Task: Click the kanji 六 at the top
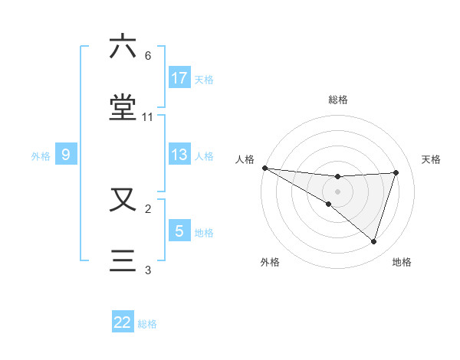coord(123,47)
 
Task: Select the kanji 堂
coord(123,106)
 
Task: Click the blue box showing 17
coord(179,78)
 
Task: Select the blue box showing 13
coord(179,155)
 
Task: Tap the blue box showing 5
coord(179,231)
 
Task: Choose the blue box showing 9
coord(66,155)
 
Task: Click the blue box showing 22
coord(123,322)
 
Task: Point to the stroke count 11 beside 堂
coord(148,117)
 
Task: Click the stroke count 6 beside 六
coord(148,56)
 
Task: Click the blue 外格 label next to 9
coord(41,155)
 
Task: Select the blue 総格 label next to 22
coord(147,323)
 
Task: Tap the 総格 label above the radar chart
coord(338,100)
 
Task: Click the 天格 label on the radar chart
coord(432,159)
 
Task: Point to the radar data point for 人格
coord(264,168)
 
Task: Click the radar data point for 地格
coord(374,241)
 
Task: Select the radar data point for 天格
coord(396,172)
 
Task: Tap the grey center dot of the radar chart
coord(338,191)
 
